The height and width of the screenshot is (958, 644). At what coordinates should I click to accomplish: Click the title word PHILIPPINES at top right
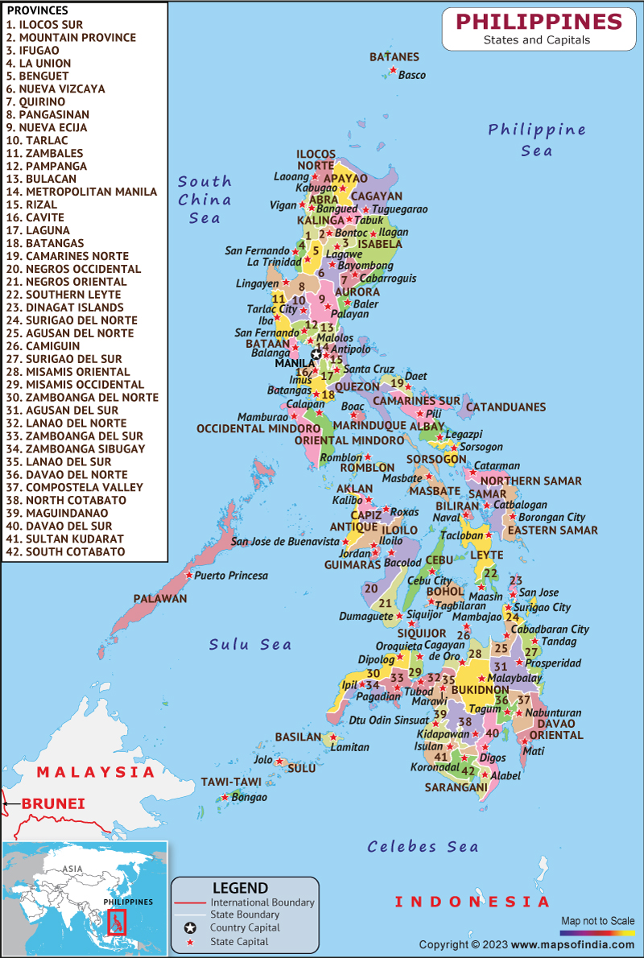click(x=539, y=21)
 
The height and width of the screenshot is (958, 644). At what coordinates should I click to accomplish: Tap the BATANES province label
click(x=394, y=57)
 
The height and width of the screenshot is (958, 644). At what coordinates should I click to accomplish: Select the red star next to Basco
click(x=393, y=71)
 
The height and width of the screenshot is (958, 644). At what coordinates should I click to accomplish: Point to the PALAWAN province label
click(x=160, y=599)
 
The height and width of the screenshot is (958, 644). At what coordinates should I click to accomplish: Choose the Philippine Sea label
click(x=536, y=139)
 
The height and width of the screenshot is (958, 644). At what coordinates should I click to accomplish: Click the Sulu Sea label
click(x=250, y=644)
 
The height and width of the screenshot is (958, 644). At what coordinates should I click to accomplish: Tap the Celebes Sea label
click(x=423, y=846)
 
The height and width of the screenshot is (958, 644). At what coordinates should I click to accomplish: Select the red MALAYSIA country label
click(x=96, y=772)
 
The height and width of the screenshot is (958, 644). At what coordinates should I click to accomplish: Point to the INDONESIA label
click(x=472, y=902)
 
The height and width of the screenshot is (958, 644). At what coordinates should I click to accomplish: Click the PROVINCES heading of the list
click(x=38, y=10)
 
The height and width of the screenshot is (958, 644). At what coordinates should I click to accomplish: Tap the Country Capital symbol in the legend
click(x=192, y=927)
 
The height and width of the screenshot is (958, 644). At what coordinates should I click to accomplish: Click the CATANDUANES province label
click(x=506, y=407)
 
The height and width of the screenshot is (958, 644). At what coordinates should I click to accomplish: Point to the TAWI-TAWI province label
click(x=228, y=783)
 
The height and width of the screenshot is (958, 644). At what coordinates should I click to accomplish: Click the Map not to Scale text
click(x=597, y=920)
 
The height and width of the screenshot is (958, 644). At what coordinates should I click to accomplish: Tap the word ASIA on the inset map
click(x=73, y=869)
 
